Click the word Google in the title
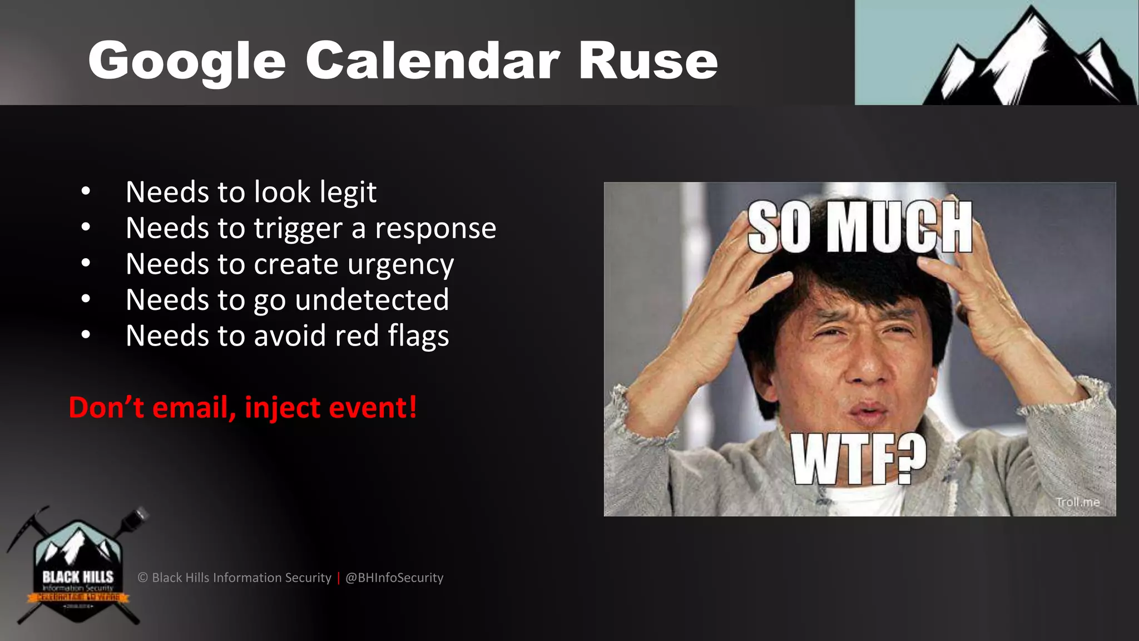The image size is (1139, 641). pyautogui.click(x=187, y=61)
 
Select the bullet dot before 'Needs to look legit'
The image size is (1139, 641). pyautogui.click(x=85, y=191)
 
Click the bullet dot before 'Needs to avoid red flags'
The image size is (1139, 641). pyautogui.click(x=85, y=335)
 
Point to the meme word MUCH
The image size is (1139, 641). pyautogui.click(x=899, y=227)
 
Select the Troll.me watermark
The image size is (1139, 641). pyautogui.click(x=1077, y=502)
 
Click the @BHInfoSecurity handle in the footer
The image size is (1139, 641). pyautogui.click(x=394, y=578)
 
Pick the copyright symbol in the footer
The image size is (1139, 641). pyautogui.click(x=143, y=578)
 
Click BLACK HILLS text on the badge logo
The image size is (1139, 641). pyautogui.click(x=78, y=576)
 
